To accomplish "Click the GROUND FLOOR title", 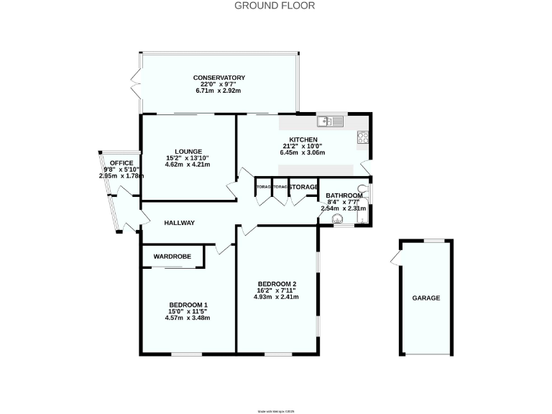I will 275,6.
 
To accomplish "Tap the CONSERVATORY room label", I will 219,78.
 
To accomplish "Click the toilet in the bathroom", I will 362,191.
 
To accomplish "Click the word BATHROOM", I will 344,195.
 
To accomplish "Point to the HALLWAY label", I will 179,223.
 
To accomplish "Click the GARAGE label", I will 425,298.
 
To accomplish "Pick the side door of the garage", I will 395,260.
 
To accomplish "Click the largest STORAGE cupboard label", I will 303,188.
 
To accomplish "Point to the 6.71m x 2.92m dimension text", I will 219,91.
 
